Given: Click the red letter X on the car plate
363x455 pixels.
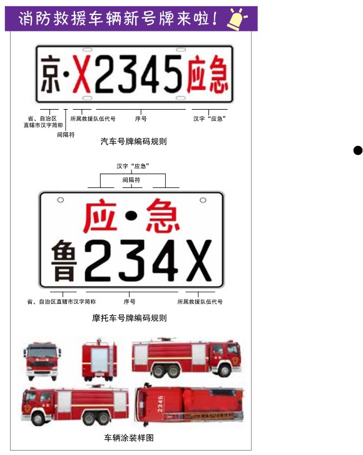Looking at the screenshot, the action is pyautogui.click(x=81, y=74).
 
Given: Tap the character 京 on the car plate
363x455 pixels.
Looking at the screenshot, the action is pyautogui.click(x=51, y=75).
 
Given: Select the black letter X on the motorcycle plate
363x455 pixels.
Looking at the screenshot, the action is pyautogui.click(x=198, y=261).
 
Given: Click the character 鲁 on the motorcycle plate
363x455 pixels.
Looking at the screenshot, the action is pyautogui.click(x=64, y=261).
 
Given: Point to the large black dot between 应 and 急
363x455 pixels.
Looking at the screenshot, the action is pyautogui.click(x=131, y=216).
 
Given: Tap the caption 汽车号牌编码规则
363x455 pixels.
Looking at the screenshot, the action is pyautogui.click(x=133, y=141).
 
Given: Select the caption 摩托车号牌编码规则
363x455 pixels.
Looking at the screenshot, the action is pyautogui.click(x=129, y=318).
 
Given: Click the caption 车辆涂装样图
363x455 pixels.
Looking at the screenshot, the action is pyautogui.click(x=129, y=437).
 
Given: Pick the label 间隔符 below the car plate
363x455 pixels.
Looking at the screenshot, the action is pyautogui.click(x=66, y=135).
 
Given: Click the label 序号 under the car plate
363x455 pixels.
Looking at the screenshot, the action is pyautogui.click(x=141, y=118).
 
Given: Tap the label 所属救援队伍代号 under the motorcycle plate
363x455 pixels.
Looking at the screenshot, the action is pyautogui.click(x=200, y=302).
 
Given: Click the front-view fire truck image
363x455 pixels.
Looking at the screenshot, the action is pyautogui.click(x=42, y=361).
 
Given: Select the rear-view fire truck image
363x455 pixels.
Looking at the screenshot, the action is pyautogui.click(x=100, y=360).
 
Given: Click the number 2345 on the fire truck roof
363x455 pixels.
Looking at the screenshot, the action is pyautogui.click(x=160, y=404).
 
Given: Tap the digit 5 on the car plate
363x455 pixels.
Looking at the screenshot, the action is pyautogui.click(x=173, y=74).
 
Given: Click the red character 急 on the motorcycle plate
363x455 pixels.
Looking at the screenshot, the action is pyautogui.click(x=163, y=216).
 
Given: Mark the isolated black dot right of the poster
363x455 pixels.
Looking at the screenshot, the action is pyautogui.click(x=358, y=150).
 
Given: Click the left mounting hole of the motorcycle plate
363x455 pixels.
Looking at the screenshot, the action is pyautogui.click(x=60, y=200).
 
